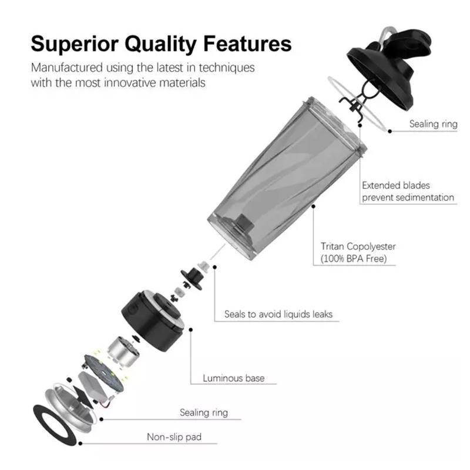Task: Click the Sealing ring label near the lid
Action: tap(433, 124)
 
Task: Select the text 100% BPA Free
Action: tap(354, 258)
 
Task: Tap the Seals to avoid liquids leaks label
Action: tap(278, 314)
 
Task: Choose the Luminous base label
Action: tap(233, 378)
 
